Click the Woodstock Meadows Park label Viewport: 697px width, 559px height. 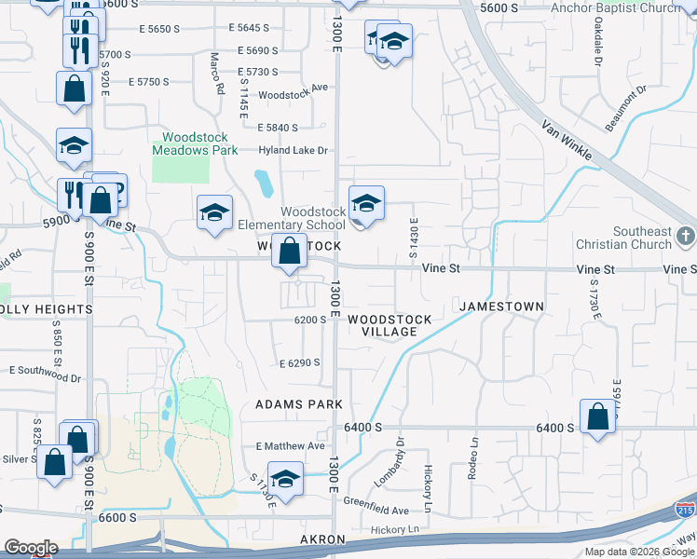(x=189, y=142)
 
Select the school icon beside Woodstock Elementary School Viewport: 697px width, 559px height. (x=366, y=203)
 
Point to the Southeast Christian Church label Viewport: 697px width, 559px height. (x=642, y=238)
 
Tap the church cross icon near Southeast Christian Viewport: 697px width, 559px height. (x=686, y=237)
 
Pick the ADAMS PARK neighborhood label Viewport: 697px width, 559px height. (x=299, y=404)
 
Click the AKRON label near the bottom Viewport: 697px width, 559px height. (x=323, y=539)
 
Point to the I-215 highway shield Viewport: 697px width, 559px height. (x=685, y=510)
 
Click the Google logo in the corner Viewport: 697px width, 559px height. (x=30, y=548)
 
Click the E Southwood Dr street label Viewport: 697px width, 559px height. (x=46, y=378)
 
